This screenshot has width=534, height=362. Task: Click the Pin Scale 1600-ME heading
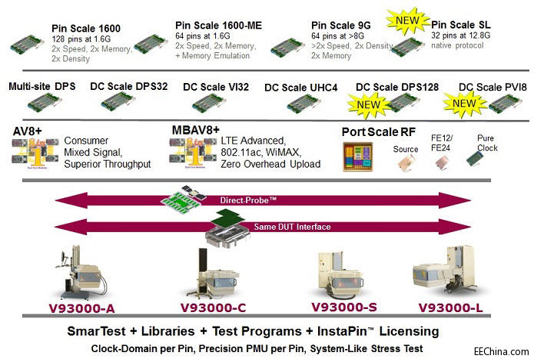pyautogui.click(x=218, y=25)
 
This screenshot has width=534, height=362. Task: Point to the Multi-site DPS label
pyautogui.click(x=42, y=87)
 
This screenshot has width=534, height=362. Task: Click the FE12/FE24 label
pyautogui.click(x=446, y=144)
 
